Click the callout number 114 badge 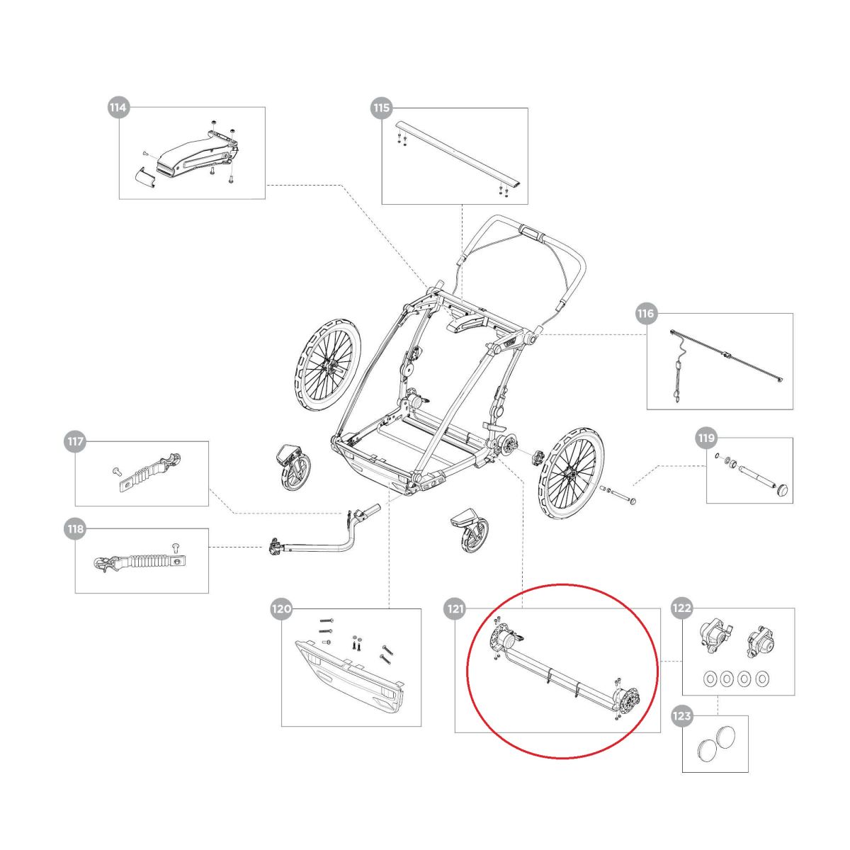pos(118,108)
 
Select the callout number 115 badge pos(381,108)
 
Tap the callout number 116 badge pos(646,314)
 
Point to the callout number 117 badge pos(75,442)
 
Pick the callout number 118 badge pos(75,528)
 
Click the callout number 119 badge pos(706,438)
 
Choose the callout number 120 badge pos(281,608)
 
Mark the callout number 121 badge pos(454,608)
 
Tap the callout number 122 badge pos(682,608)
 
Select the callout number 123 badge pos(682,716)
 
